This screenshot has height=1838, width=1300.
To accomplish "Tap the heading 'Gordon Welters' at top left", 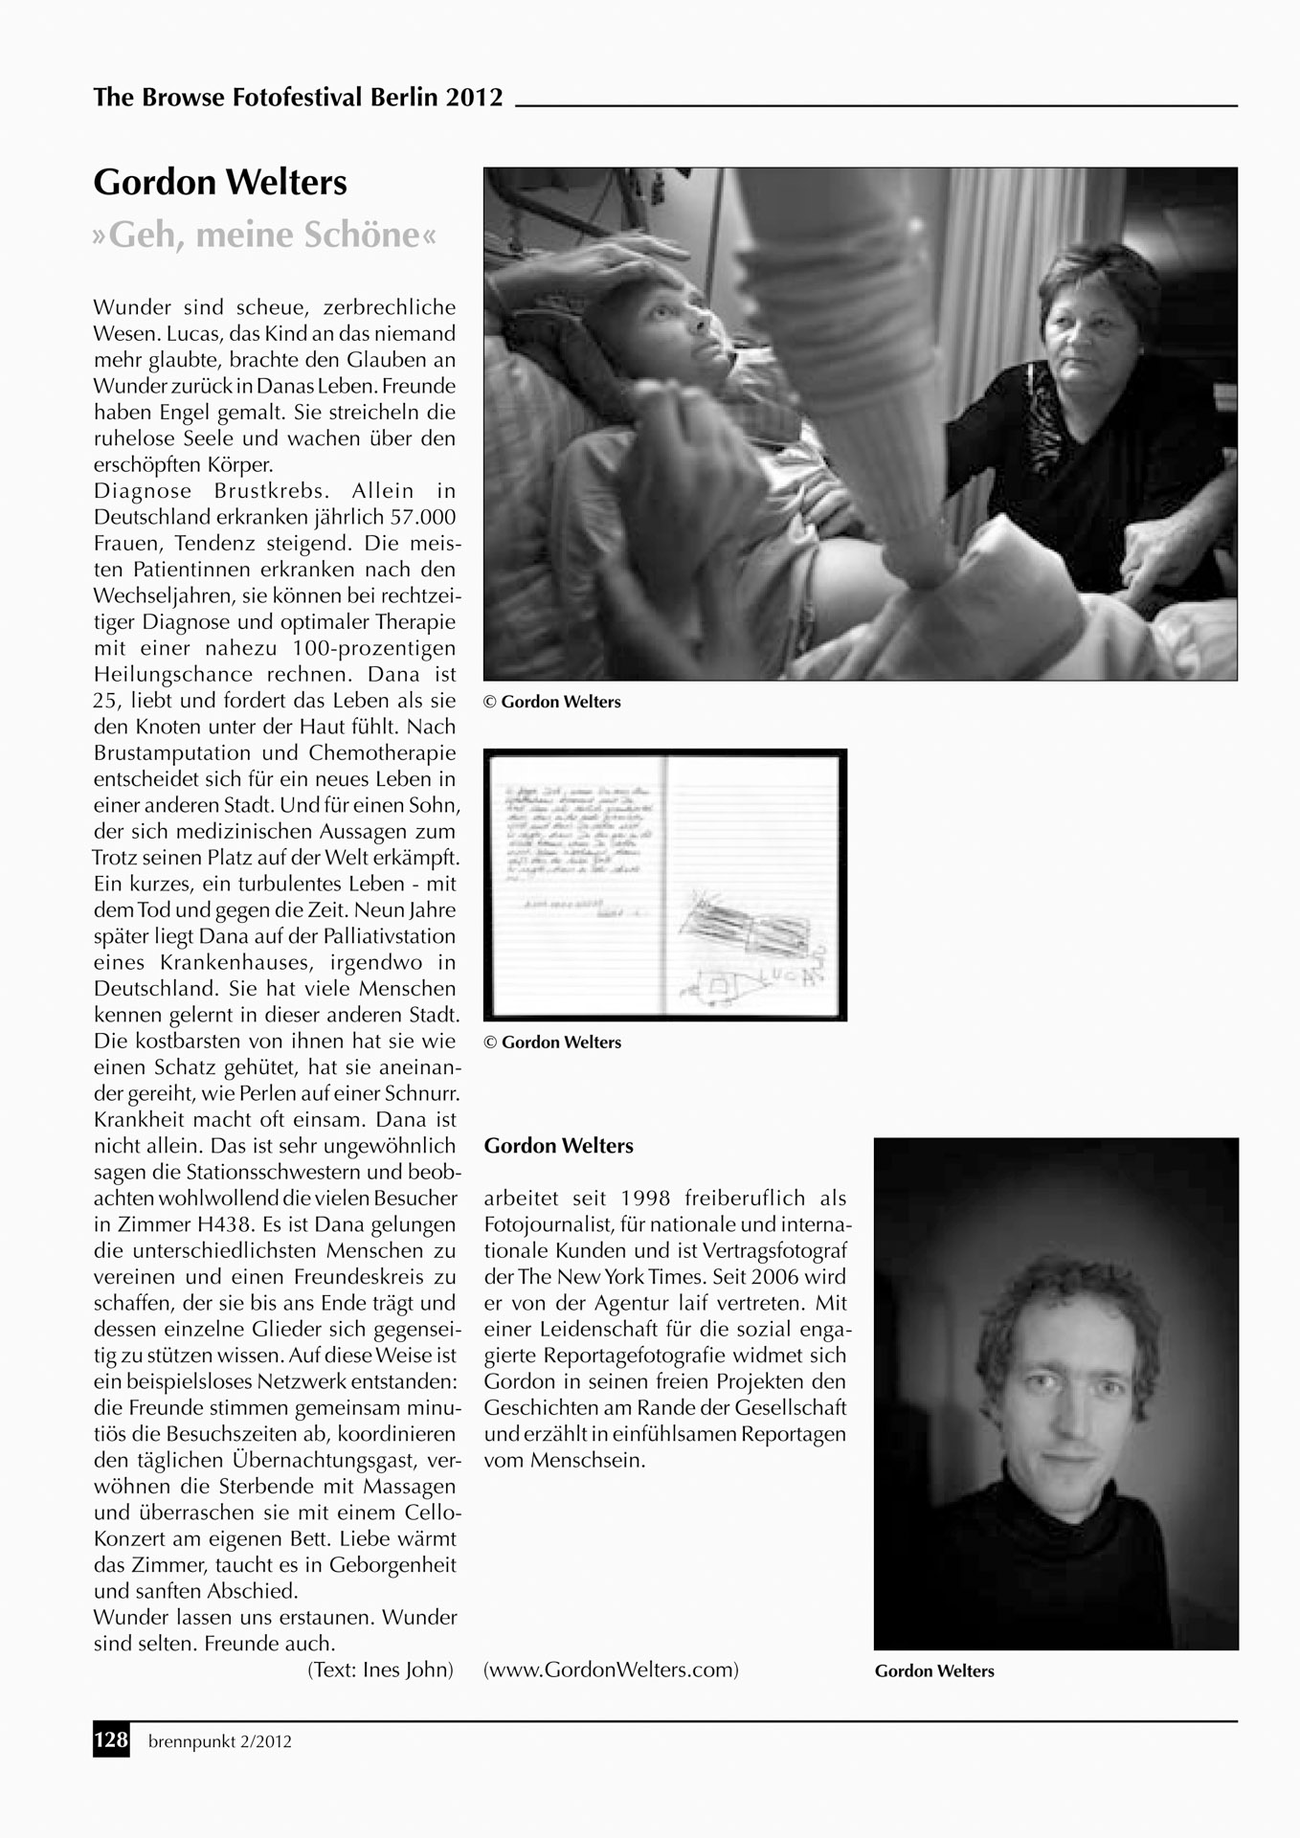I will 220,182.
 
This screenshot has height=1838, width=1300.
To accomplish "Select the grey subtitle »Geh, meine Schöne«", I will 264,235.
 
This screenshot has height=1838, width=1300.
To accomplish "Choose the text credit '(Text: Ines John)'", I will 379,1670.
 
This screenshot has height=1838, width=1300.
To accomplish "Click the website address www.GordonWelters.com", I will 611,1670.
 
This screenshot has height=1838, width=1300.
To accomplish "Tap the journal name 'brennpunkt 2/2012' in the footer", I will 219,1741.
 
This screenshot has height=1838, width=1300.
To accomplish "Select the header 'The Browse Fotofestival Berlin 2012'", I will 298,98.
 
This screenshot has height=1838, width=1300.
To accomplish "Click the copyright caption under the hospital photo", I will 552,702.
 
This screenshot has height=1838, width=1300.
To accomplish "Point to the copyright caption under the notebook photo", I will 552,1042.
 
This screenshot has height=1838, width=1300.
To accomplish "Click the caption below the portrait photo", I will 934,1670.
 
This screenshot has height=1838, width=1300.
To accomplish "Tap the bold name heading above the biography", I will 558,1146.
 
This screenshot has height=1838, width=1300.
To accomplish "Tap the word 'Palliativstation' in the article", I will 394,936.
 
